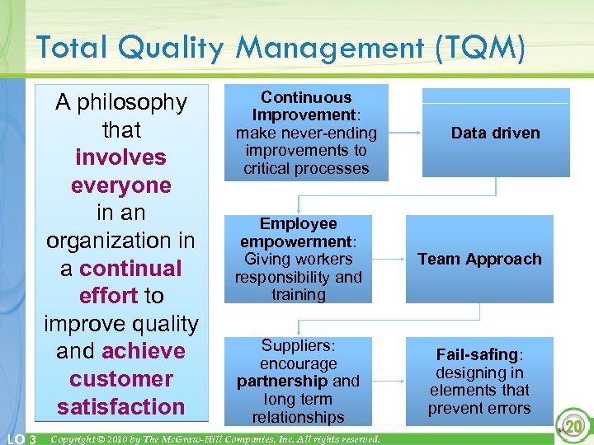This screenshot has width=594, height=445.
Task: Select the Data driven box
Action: pos(496,133)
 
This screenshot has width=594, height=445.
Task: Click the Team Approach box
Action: pos(479,259)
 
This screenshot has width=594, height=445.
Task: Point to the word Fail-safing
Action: pos(477,355)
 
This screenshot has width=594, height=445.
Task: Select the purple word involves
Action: pos(120,157)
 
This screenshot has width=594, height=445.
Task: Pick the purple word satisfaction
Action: pos(120,406)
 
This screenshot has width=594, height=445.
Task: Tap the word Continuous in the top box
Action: pos(306,97)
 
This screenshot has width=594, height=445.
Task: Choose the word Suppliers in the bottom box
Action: pos(297,346)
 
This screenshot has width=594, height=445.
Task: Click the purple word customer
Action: pos(120,379)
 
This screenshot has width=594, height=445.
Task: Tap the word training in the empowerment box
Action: pos(298,294)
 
